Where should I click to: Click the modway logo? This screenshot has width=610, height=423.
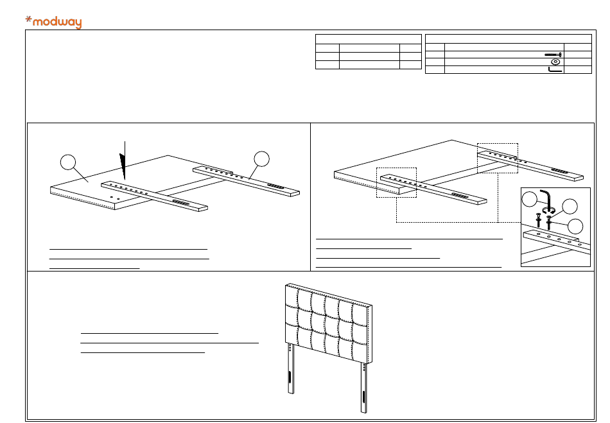pyautogui.click(x=53, y=22)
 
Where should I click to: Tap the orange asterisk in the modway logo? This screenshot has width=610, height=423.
pyautogui.click(x=28, y=19)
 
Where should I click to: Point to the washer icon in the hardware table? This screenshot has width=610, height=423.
pyautogui.click(x=555, y=62)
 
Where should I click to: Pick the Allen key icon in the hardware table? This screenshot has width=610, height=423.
pyautogui.click(x=555, y=69)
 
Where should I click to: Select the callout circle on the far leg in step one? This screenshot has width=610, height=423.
pyautogui.click(x=261, y=158)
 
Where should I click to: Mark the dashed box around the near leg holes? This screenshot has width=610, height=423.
pyautogui.click(x=396, y=181)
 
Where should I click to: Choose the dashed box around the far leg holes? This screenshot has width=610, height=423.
pyautogui.click(x=498, y=157)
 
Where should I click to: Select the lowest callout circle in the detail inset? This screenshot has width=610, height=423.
pyautogui.click(x=577, y=226)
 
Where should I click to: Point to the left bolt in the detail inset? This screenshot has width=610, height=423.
pyautogui.click(x=538, y=220)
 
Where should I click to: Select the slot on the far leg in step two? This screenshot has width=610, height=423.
pyautogui.click(x=561, y=172)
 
